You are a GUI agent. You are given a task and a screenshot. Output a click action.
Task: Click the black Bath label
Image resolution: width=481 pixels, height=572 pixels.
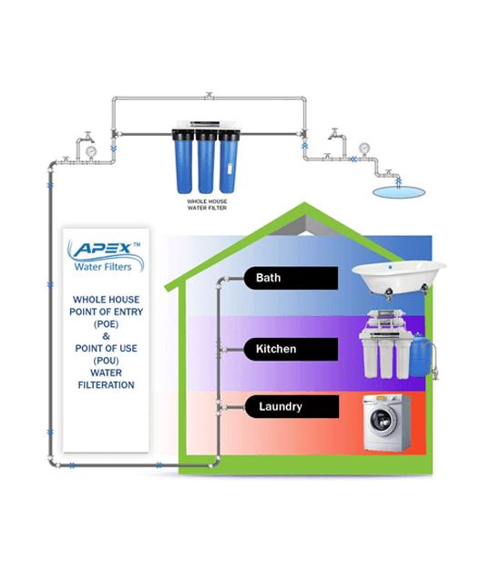pos(291,278)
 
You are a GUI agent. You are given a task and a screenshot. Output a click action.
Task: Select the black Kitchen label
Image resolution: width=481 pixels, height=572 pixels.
pos(291,349)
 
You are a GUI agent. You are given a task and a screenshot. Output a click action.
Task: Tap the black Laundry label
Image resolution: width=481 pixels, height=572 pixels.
pos(292,406)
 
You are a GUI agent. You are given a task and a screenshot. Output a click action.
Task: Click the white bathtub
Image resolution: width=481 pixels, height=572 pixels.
pos(398,278)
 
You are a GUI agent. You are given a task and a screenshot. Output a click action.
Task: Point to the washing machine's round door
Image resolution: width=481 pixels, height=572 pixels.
pos(384,420)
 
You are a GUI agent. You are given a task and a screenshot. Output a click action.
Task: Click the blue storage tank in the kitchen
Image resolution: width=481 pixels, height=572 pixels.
pos(421,355)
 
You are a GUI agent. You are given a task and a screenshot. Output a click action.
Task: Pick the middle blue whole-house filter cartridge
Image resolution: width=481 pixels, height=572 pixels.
pos(207,161)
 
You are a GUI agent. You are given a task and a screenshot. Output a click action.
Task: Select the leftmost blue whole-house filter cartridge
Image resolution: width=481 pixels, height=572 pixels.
pos(183,161)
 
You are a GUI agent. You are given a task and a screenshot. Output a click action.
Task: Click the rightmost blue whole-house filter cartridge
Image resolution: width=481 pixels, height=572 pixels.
pos(229,161)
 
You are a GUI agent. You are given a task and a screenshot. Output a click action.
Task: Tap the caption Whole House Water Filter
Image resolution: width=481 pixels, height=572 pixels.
pos(207,205)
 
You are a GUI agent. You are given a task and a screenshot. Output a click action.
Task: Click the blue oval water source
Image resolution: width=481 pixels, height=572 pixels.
pos(398,192)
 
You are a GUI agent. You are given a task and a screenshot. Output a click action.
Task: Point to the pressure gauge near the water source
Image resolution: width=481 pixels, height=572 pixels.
pos(363,148)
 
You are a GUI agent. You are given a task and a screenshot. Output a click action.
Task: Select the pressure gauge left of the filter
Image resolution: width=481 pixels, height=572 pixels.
pos(90,150)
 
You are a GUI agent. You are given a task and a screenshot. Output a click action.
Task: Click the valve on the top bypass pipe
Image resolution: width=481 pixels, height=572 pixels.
pos(209,96)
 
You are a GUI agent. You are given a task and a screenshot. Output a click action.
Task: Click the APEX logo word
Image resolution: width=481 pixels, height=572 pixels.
pos(103,249)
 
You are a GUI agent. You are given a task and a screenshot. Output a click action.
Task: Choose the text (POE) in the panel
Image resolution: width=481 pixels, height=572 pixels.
pos(107,324)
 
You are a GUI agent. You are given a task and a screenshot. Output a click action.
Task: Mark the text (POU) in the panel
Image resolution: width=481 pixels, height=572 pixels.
pos(107,361)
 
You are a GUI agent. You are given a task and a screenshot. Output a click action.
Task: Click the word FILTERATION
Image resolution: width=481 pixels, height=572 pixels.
pos(107,385)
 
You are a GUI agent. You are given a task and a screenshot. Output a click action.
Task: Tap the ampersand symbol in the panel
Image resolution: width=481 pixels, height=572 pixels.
pos(107,336)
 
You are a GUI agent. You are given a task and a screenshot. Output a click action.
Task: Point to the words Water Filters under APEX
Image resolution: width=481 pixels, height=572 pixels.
pos(103,267)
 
